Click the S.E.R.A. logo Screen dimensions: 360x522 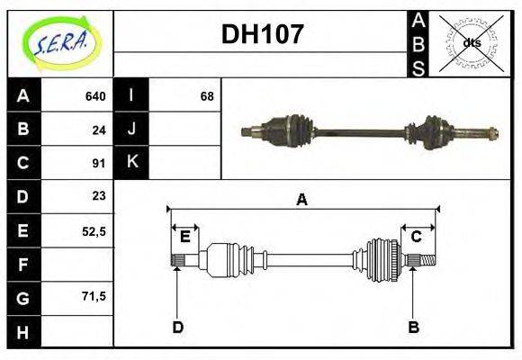coord(59,42)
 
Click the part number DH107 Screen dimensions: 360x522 coord(262,36)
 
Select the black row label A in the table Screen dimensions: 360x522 coord(23,95)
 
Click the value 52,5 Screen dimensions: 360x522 coord(94,231)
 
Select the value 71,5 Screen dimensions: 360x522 coord(94,296)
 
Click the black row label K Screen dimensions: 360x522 coord(132,163)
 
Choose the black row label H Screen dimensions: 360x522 coord(23,332)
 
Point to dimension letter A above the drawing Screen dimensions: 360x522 coord(302,200)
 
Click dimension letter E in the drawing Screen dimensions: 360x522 coord(184,237)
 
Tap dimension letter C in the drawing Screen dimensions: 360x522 coord(417,237)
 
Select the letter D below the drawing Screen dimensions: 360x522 coord(177,327)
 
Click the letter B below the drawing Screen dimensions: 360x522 coord(413,327)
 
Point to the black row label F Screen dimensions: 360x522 coord(23,265)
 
